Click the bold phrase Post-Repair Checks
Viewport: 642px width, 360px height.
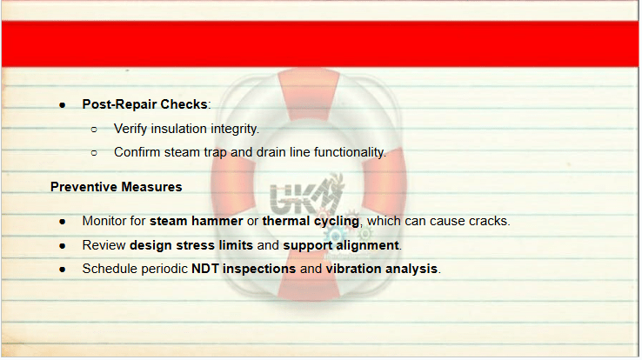point(145,104)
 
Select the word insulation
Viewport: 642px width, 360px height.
point(179,129)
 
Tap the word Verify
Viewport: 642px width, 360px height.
point(130,130)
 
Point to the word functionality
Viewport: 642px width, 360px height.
point(349,152)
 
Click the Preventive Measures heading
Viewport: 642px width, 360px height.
point(117,187)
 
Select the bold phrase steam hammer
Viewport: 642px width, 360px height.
point(196,221)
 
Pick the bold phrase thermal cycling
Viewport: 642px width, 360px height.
point(311,222)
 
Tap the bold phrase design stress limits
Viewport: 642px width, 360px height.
point(191,245)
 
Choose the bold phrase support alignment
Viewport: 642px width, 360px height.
point(341,245)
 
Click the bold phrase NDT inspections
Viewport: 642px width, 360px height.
point(244,269)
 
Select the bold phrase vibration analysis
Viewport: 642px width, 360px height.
point(382,269)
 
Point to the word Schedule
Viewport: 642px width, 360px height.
point(107,269)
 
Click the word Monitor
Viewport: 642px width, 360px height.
point(104,221)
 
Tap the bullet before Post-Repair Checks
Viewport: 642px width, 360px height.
point(63,105)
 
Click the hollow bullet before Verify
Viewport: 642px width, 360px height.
point(94,130)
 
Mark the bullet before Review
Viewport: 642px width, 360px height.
point(63,246)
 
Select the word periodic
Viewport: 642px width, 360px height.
point(162,269)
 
